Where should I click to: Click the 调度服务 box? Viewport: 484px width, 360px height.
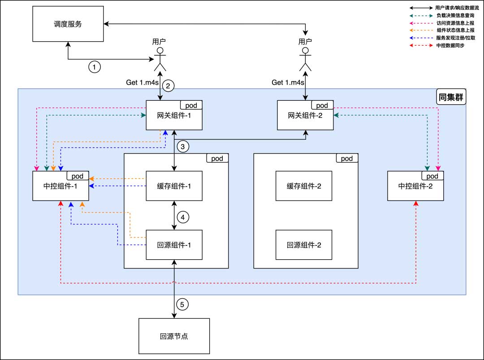point(67,24)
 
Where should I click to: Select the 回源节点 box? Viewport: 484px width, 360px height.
point(174,336)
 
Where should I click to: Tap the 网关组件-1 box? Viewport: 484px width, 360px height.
point(174,116)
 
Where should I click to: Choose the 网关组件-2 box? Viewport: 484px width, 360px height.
point(305,116)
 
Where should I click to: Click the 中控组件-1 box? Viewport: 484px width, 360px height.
point(60,186)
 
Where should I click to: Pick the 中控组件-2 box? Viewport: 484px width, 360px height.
point(415,186)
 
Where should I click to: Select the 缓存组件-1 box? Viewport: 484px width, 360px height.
point(174,186)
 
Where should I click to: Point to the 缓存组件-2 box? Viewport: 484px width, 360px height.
point(304,186)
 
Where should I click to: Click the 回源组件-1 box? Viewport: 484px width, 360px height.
point(174,244)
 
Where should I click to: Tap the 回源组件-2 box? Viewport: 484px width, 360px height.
point(304,244)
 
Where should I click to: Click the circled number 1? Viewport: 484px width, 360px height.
point(94,67)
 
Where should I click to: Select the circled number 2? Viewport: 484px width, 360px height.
point(168,86)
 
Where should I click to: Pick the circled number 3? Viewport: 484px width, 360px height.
point(183,146)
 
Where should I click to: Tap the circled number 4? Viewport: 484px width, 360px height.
point(183,217)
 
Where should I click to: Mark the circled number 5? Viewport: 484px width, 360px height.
point(182,304)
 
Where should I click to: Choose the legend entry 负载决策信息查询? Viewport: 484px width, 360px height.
point(454,15)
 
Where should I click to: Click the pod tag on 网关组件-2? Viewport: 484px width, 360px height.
point(322,105)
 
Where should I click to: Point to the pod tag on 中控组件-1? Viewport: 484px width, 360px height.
point(78,176)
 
